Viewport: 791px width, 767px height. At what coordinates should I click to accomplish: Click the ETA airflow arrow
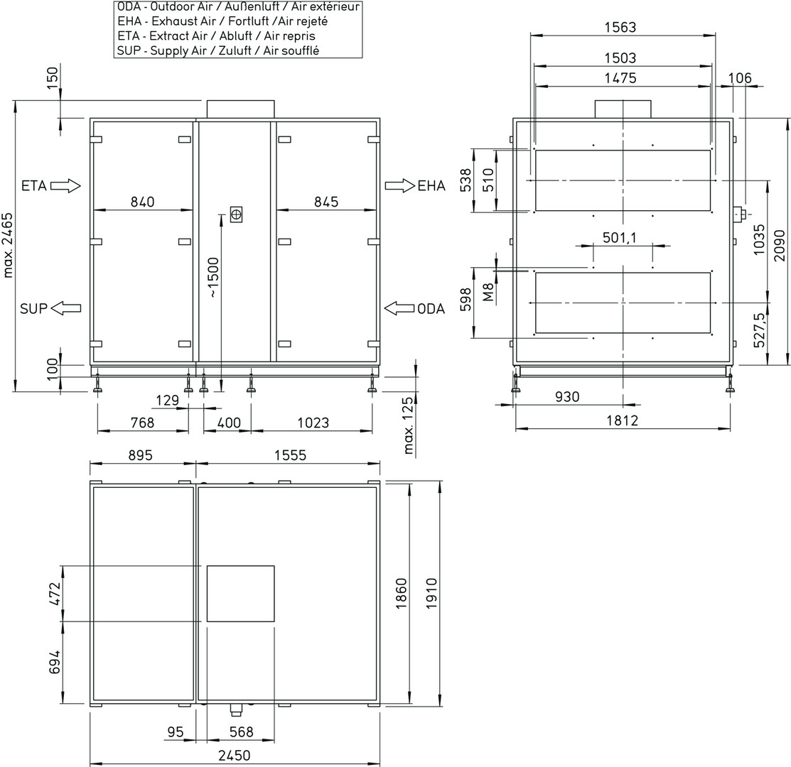65,186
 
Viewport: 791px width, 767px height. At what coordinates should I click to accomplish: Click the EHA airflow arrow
400,185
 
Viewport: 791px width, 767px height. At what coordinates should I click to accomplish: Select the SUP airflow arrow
65,308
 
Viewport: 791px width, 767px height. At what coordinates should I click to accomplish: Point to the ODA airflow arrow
399,308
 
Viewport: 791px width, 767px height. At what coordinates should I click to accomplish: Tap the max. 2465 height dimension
8,246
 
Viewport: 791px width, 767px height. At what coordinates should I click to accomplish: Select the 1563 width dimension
620,27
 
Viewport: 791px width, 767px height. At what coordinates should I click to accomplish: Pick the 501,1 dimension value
620,237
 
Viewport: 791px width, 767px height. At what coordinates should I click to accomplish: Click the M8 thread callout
488,293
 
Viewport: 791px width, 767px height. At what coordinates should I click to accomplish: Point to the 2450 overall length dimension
234,756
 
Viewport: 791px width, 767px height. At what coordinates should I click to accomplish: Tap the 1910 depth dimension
432,593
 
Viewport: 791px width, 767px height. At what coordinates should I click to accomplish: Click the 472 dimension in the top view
55,594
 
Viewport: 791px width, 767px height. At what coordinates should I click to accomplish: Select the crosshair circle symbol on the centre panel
236,215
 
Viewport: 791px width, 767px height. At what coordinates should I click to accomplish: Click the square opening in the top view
241,594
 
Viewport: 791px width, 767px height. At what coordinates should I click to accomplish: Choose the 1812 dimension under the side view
622,420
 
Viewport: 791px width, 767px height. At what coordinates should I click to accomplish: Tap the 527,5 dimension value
759,330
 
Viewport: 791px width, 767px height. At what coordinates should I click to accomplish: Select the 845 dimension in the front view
326,202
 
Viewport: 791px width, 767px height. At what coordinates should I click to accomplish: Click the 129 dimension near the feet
168,400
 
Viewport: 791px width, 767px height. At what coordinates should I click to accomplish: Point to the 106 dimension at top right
740,78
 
